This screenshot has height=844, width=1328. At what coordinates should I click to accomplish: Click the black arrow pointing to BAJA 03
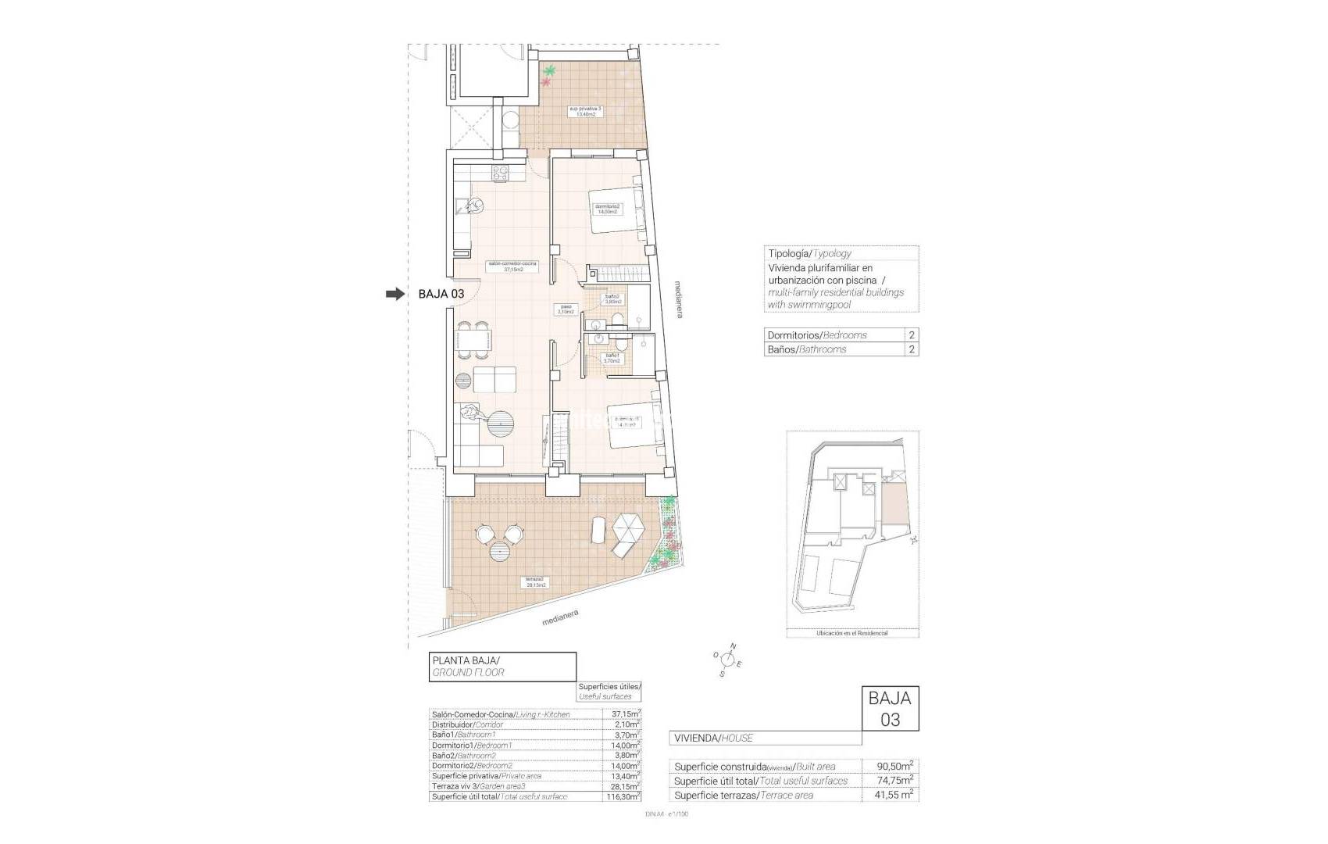395,294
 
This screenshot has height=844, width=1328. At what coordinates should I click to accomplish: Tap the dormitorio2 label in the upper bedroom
607,209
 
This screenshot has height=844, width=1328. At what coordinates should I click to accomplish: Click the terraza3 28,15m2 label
536,582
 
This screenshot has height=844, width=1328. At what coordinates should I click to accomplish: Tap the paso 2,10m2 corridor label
566,309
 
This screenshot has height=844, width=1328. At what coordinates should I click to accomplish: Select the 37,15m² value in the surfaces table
625,714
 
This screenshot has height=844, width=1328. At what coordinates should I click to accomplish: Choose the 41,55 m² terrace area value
891,795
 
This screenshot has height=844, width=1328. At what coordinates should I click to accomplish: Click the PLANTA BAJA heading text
466,660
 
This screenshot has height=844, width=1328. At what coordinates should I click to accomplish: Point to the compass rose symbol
726,660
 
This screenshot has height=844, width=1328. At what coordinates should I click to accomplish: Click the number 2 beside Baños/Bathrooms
911,349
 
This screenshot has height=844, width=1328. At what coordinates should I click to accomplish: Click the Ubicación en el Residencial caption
851,633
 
